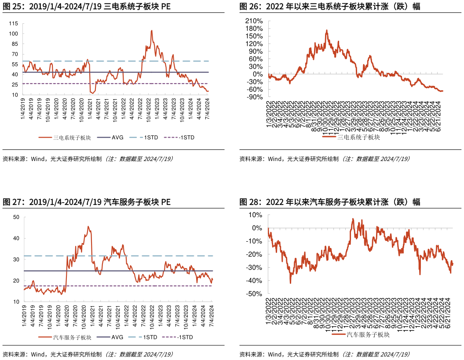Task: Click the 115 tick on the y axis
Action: pos(13,23)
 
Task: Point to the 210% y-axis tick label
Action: pos(254,21)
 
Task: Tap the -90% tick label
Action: pos(255,97)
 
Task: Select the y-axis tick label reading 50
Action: pos(16,217)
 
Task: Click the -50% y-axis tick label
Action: pos(255,294)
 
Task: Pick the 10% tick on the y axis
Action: pos(256,215)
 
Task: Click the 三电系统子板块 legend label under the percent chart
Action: pos(358,137)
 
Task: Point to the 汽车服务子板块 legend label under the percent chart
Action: pos(368,335)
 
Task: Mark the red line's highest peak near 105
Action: pos(152,30)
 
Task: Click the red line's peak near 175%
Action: pos(327,30)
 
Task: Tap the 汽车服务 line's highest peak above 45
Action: pos(88,226)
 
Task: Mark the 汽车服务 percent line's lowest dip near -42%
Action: pos(290,283)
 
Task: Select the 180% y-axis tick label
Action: pos(254,29)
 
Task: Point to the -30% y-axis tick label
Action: pos(255,268)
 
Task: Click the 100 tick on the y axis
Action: pos(13,34)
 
